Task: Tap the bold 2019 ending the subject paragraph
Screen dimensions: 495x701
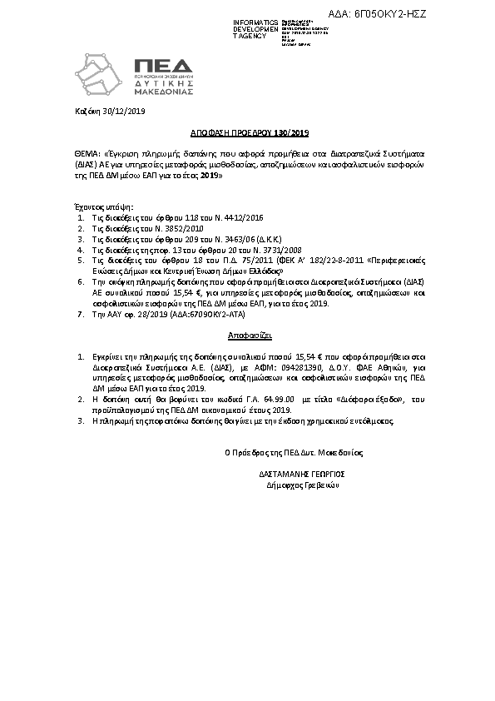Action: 211,176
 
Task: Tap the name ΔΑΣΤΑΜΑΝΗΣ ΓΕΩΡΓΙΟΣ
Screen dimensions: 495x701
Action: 302,472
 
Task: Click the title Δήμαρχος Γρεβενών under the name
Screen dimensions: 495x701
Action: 302,484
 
